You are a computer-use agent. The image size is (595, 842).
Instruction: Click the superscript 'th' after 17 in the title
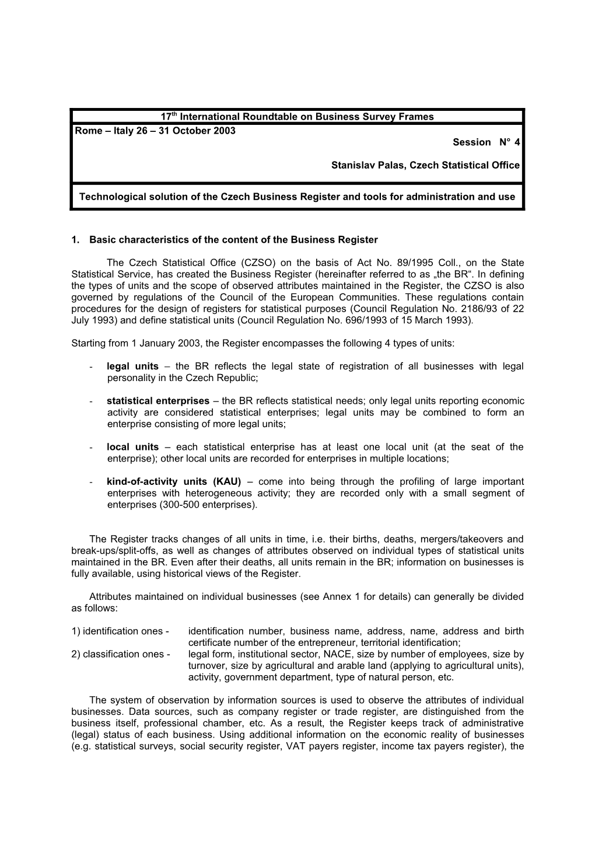click(x=174, y=114)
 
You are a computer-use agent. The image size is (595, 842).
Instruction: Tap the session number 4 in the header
click(x=517, y=142)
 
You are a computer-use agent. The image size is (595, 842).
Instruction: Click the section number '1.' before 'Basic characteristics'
click(x=75, y=240)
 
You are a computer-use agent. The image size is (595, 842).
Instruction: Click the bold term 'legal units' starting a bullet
click(x=132, y=366)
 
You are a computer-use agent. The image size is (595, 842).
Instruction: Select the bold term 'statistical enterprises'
click(x=157, y=401)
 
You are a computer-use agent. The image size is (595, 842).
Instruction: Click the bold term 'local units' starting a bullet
click(x=132, y=447)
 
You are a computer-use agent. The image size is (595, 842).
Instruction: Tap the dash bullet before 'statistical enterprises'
click(x=93, y=401)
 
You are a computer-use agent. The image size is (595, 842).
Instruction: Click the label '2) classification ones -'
click(x=121, y=654)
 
